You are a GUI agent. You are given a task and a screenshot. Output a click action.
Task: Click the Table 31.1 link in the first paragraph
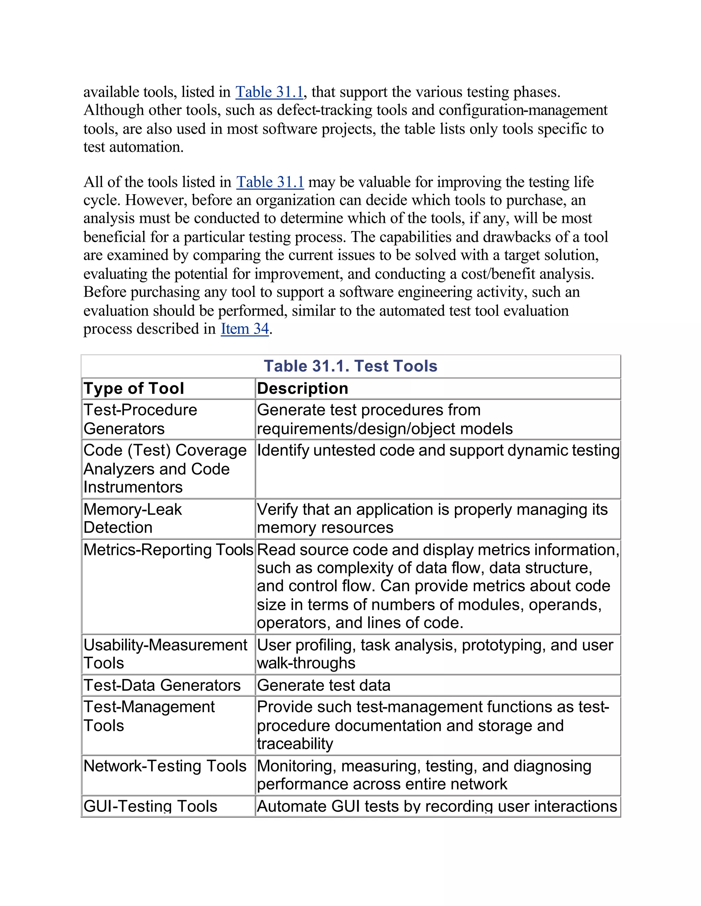click(x=269, y=92)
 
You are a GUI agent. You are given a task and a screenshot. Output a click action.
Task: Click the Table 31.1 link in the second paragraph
click(x=270, y=182)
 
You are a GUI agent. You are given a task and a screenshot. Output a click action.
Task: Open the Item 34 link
click(x=245, y=329)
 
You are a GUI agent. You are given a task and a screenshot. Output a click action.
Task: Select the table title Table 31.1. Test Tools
click(x=350, y=366)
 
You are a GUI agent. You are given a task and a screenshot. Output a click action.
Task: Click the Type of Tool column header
click(x=134, y=389)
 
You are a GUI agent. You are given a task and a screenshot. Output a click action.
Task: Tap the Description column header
click(x=302, y=389)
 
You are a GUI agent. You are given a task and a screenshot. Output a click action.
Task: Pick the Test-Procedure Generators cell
click(x=140, y=419)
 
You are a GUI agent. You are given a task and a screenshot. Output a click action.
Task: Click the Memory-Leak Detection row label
click(x=132, y=519)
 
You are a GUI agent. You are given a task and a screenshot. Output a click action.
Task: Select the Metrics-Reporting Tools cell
click(x=168, y=550)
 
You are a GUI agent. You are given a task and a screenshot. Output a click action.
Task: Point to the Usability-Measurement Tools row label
click(x=165, y=654)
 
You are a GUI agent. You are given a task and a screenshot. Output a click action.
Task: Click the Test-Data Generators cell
click(x=162, y=685)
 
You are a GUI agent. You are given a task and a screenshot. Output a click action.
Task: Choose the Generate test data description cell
click(x=323, y=685)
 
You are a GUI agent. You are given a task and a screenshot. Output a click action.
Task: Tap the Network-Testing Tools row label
click(x=165, y=766)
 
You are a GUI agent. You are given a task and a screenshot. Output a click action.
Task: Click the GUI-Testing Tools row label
click(x=150, y=807)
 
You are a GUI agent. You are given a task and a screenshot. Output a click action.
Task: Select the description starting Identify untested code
click(x=438, y=451)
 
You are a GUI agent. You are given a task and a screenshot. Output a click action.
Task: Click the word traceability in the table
click(x=295, y=744)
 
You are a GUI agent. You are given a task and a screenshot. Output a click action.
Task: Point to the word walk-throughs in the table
click(x=306, y=663)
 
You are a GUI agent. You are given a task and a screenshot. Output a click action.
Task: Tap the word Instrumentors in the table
click(x=133, y=487)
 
